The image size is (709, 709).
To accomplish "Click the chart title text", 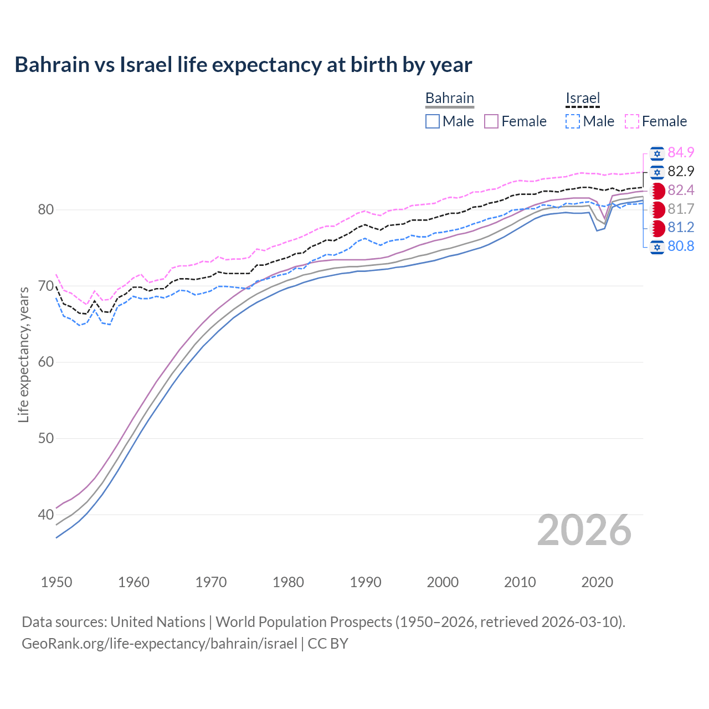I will [x=243, y=65].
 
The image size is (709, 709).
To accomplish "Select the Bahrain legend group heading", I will [x=449, y=98].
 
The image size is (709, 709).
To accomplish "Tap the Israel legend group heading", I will [x=582, y=98].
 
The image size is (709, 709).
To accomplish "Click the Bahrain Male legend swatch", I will [x=433, y=121].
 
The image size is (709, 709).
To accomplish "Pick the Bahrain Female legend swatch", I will [x=491, y=121].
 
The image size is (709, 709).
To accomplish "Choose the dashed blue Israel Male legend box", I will [x=573, y=121].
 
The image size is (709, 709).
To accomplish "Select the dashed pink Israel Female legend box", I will [x=632, y=121].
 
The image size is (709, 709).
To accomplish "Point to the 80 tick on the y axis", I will [x=46, y=209].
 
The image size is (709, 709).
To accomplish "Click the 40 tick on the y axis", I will [x=46, y=515].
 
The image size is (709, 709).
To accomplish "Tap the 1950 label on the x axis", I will [x=56, y=582].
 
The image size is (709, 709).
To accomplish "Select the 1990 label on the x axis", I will [x=366, y=582].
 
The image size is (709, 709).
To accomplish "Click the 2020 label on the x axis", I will [x=597, y=582].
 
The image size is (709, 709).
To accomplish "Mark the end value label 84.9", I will [x=681, y=152].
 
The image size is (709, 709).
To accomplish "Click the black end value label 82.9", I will [x=681, y=171].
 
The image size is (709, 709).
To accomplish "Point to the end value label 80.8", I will [x=681, y=246].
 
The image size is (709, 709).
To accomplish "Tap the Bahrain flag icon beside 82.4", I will [x=657, y=191].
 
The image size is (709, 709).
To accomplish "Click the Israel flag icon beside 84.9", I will [x=657, y=153].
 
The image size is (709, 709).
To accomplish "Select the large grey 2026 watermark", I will [x=584, y=530].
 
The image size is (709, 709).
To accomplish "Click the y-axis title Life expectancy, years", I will [x=23, y=354].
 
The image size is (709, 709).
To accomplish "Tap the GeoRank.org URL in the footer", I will [x=160, y=643].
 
